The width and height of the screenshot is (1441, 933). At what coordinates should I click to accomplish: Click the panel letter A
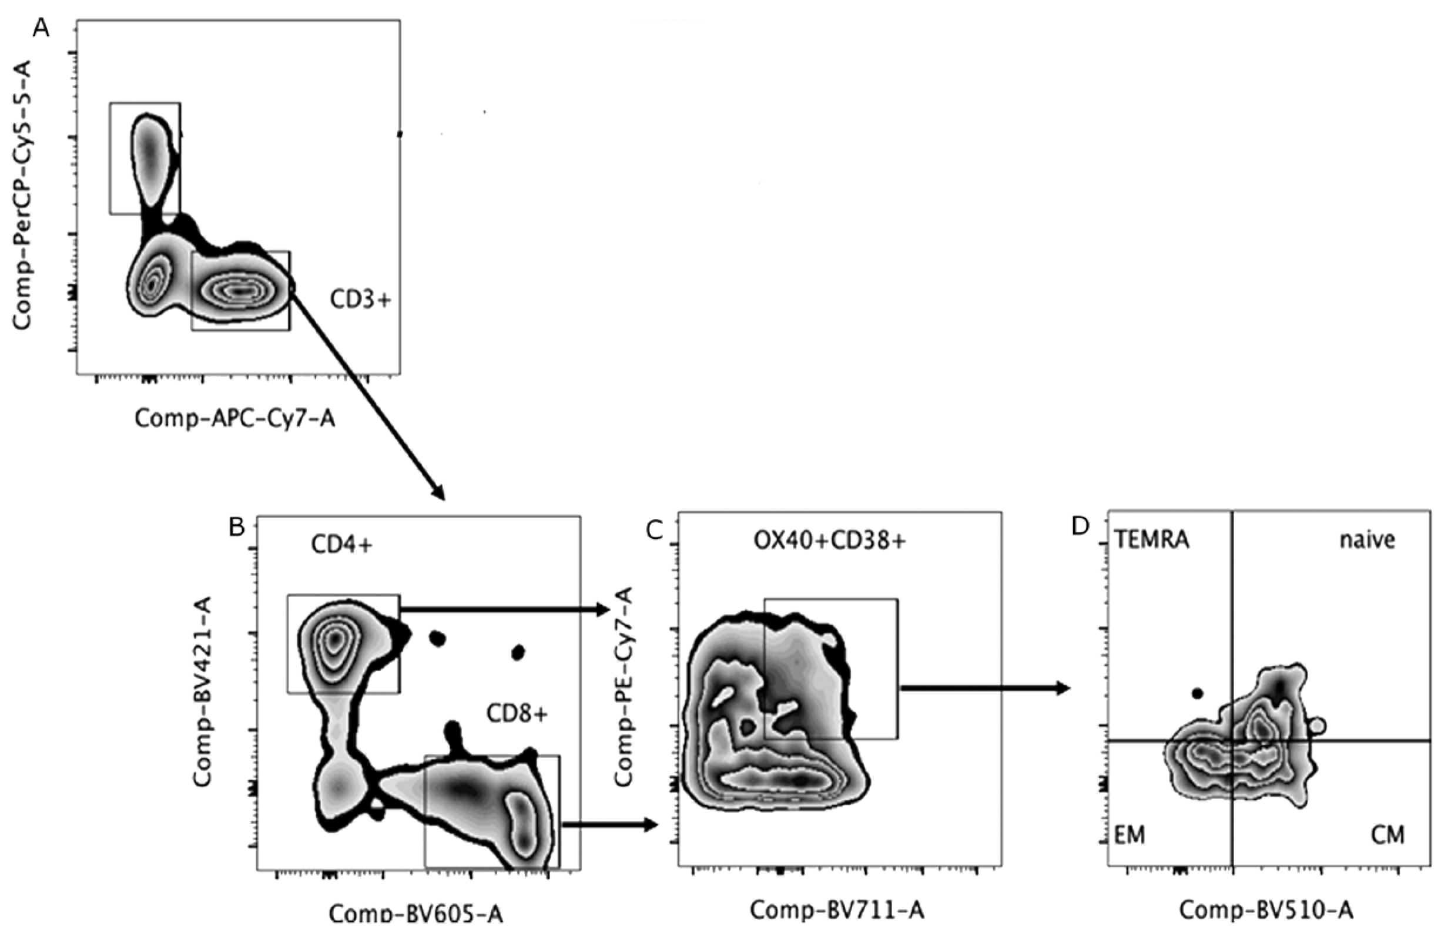(x=41, y=28)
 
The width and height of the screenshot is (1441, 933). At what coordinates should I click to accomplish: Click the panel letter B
(x=237, y=528)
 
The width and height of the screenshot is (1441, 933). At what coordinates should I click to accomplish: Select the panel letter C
(x=655, y=531)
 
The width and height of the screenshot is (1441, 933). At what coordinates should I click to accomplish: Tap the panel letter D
(x=1080, y=527)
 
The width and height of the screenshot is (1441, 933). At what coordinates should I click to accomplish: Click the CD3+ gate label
(x=361, y=299)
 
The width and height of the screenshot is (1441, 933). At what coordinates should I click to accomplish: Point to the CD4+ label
(x=341, y=545)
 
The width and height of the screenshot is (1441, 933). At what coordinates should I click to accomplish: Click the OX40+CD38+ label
(x=829, y=541)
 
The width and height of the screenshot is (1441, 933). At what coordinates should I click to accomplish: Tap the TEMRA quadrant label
(x=1152, y=539)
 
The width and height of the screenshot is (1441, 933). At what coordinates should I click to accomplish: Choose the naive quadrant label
(x=1367, y=539)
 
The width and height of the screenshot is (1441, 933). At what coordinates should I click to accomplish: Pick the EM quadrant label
(x=1130, y=835)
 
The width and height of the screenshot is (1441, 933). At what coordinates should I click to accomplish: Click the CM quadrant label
(x=1387, y=835)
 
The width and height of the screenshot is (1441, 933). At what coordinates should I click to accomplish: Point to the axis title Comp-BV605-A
(x=416, y=913)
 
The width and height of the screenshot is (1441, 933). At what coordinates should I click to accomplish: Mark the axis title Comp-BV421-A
(x=202, y=692)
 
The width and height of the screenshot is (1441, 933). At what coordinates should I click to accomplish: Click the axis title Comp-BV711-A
(x=837, y=909)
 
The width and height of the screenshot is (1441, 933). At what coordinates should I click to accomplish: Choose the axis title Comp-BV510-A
(x=1266, y=909)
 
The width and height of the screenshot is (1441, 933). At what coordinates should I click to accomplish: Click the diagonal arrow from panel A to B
(x=367, y=394)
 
